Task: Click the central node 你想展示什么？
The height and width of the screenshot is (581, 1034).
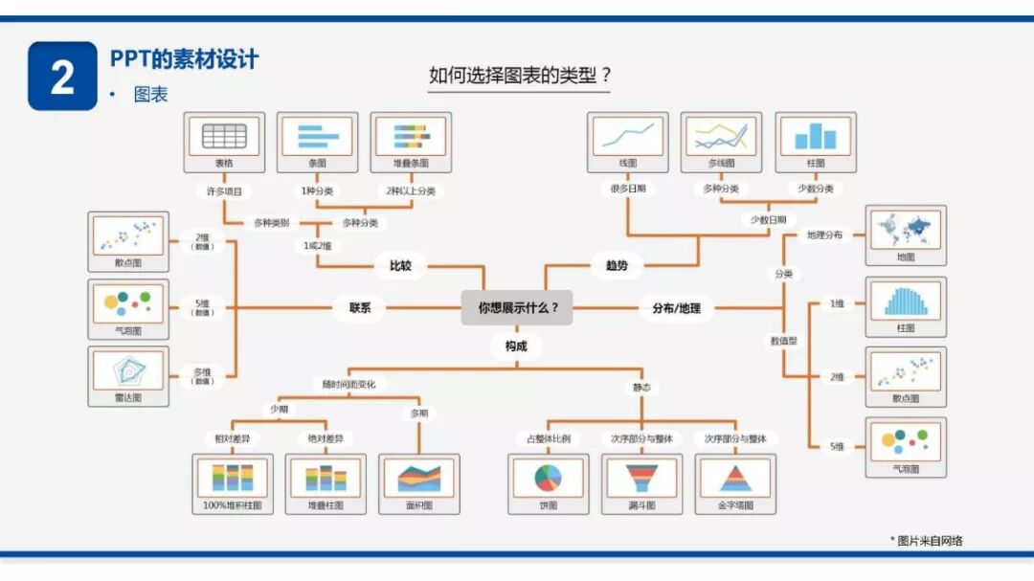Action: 517,308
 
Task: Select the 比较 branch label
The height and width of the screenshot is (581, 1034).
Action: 400,265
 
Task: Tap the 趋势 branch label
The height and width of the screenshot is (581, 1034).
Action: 617,265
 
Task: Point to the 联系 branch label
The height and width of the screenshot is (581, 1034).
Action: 359,308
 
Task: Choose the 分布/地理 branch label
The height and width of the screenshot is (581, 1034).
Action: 676,308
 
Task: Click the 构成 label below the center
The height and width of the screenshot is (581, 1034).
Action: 516,346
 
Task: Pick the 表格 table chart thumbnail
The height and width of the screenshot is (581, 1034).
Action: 224,137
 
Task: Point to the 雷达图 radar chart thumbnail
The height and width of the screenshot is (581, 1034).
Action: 128,370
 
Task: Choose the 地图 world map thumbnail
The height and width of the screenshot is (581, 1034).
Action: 906,230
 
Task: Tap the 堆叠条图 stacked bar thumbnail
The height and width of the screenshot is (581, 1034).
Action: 412,137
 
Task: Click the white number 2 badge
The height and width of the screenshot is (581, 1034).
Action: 62,77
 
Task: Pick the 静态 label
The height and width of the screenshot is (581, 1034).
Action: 641,387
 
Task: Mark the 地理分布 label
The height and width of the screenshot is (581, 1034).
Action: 824,235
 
